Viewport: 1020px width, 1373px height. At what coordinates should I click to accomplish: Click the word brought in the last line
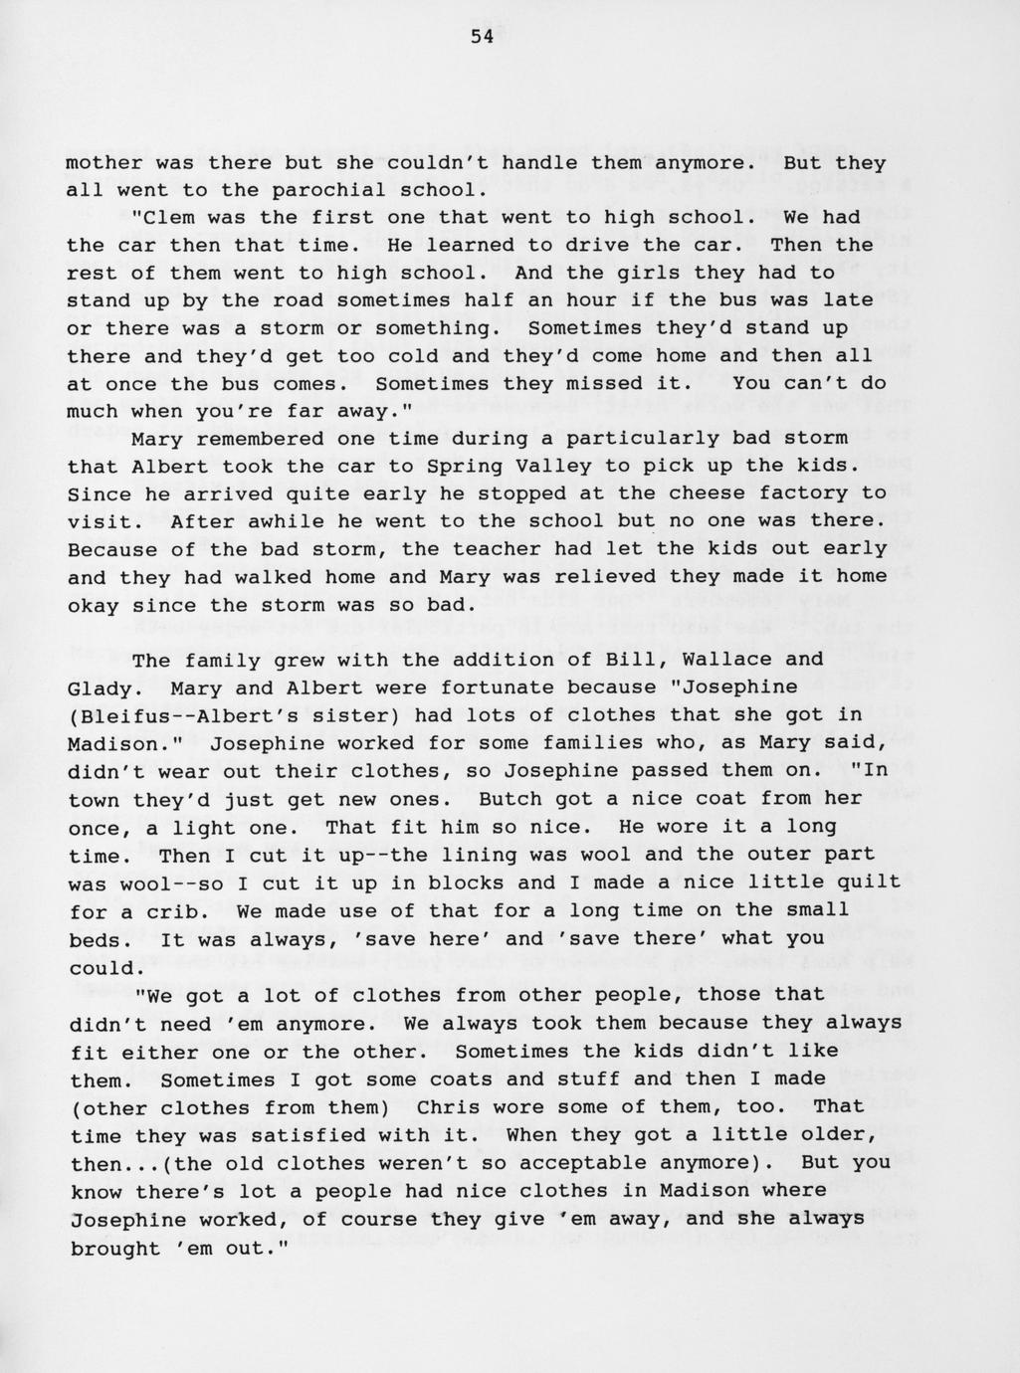point(115,1248)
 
